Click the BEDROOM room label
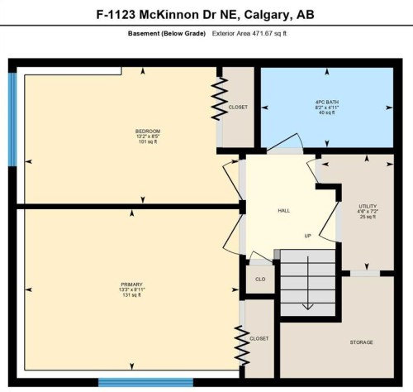(148, 131)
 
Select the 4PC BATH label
(326, 103)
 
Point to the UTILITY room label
(368, 206)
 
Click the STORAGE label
(361, 342)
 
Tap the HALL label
(283, 211)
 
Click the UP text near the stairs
(307, 235)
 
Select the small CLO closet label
(259, 280)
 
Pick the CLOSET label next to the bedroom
(239, 107)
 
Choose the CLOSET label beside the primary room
(259, 338)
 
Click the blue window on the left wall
(12, 119)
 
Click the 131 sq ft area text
(131, 295)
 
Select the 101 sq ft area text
(148, 142)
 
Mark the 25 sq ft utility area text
(368, 217)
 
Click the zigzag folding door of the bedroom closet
(221, 98)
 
